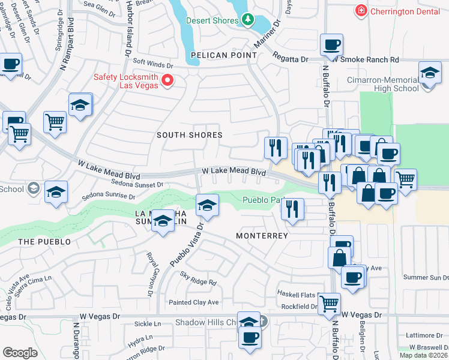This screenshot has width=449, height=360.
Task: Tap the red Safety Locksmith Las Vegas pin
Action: click(168, 81)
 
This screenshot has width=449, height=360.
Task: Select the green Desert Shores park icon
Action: click(248, 20)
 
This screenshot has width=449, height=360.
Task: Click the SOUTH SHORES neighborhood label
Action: click(190, 135)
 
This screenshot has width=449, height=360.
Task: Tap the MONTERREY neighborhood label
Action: click(262, 236)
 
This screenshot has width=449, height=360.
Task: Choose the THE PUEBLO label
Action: click(44, 242)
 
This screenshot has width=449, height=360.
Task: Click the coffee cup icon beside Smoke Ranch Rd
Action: click(331, 45)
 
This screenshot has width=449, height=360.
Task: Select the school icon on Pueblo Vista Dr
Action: click(207, 206)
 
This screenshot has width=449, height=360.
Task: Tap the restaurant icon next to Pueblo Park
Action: click(292, 209)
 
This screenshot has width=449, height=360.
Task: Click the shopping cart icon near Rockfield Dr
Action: click(329, 304)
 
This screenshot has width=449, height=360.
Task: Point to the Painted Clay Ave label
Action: click(193, 302)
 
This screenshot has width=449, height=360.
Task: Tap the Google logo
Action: click(20, 352)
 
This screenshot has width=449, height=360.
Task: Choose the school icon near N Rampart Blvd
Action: click(79, 105)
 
